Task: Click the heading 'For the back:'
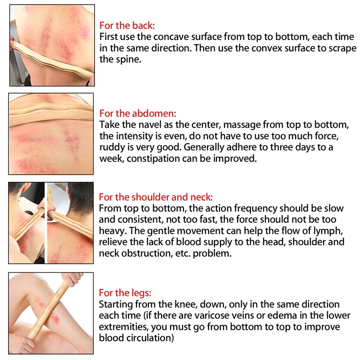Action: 127,26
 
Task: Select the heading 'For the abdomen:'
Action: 138,113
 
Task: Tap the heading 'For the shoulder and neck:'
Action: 156,197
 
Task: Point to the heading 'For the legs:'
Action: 125,293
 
